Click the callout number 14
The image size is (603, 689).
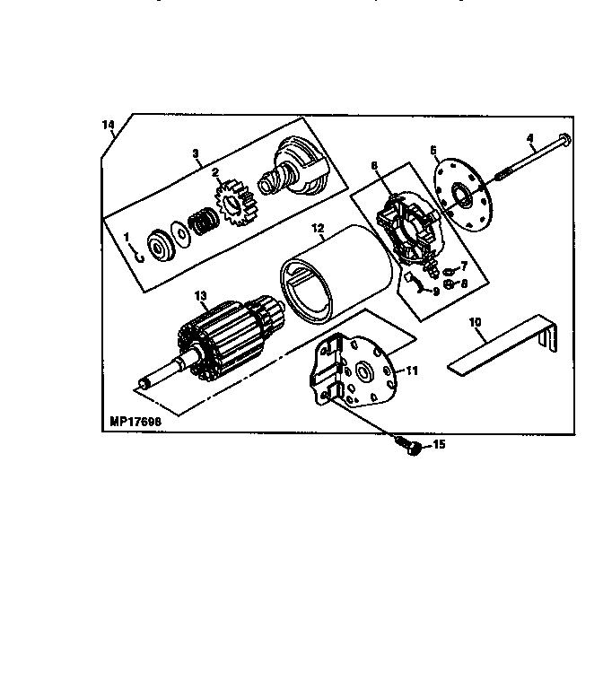coord(108,125)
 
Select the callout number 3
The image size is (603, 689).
coord(196,153)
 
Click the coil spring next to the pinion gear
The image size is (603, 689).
coord(204,220)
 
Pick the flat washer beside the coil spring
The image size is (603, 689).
coord(180,234)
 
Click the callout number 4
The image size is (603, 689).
coord(530,138)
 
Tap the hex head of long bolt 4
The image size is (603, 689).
coord(564,140)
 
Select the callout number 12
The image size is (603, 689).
coord(318,228)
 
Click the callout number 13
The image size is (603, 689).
coord(200,296)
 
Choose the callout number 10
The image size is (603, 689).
coord(475,322)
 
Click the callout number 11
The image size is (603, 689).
coord(411,371)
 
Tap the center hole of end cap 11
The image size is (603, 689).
coord(363,372)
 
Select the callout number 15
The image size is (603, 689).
coord(439,444)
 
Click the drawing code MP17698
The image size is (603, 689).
coord(135,422)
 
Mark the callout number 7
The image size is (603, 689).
coord(464,266)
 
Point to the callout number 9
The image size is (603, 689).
coord(436,292)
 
